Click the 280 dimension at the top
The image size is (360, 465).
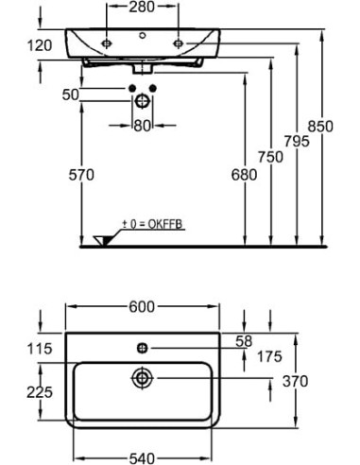pos(142,7)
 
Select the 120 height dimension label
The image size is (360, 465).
pos(40,46)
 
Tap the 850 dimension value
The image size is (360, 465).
pos(320,127)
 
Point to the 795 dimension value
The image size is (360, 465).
pos(297,141)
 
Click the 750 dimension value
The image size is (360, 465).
pos(270,157)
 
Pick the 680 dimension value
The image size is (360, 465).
pos(244,175)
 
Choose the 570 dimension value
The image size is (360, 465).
pos(81,175)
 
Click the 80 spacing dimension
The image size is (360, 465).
pos(142,126)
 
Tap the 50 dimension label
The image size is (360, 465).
pos(70,95)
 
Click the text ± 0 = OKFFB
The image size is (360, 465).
pos(152,224)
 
